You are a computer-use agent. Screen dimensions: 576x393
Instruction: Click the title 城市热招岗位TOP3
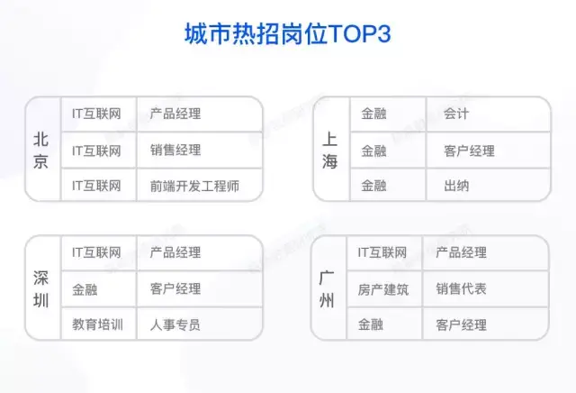(x=288, y=34)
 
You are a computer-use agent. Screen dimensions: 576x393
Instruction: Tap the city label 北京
(x=40, y=151)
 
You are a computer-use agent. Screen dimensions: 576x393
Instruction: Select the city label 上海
(x=330, y=151)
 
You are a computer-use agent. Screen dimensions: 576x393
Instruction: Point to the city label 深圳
(x=40, y=289)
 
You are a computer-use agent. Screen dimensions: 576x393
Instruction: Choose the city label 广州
(x=327, y=289)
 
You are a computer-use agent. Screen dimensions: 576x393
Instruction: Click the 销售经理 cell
(x=175, y=151)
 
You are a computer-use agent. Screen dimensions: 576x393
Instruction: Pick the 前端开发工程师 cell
(x=194, y=186)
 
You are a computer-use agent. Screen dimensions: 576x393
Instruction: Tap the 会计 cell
(x=456, y=114)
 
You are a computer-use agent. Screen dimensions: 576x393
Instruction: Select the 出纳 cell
(x=456, y=186)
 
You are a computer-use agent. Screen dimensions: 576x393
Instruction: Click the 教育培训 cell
(x=97, y=324)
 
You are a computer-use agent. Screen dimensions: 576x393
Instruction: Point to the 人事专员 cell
(x=175, y=324)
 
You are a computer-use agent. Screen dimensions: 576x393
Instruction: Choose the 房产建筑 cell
(x=383, y=289)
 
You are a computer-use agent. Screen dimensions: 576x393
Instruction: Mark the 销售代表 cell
(x=461, y=288)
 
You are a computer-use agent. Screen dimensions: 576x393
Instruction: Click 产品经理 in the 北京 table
(x=175, y=114)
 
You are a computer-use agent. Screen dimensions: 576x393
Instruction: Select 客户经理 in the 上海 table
(x=469, y=151)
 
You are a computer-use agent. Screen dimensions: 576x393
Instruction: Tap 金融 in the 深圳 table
(x=85, y=289)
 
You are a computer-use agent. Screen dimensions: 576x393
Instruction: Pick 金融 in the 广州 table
(x=371, y=324)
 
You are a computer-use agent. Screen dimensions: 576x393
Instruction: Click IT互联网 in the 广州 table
(x=382, y=252)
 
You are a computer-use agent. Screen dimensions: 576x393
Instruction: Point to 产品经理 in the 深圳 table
(x=175, y=252)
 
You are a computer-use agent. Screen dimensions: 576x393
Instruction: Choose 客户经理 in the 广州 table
(x=461, y=324)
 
